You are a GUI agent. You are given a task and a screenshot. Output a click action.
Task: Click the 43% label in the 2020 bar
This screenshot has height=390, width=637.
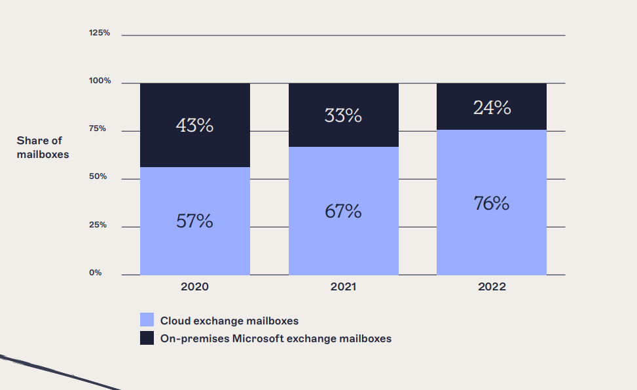pyautogui.click(x=194, y=125)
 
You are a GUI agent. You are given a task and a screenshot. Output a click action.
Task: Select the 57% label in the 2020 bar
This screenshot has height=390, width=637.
pyautogui.click(x=194, y=221)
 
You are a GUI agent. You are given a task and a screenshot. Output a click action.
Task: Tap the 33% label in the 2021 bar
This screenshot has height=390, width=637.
pyautogui.click(x=343, y=115)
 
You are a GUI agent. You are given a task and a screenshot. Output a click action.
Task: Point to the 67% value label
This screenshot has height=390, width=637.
pyautogui.click(x=343, y=211)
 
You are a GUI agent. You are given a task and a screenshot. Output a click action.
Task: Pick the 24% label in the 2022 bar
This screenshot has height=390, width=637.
pyautogui.click(x=492, y=107)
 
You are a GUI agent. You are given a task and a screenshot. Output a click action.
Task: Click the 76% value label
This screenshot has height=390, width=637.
pyautogui.click(x=492, y=203)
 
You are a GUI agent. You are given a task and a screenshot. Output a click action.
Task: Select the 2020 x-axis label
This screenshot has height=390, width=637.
pyautogui.click(x=194, y=287)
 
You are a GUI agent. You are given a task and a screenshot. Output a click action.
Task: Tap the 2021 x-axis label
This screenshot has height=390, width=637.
pyautogui.click(x=343, y=287)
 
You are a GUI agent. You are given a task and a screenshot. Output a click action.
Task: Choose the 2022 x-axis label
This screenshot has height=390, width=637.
pyautogui.click(x=492, y=287)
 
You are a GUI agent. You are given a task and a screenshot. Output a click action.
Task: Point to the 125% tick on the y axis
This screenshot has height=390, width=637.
pyautogui.click(x=100, y=33)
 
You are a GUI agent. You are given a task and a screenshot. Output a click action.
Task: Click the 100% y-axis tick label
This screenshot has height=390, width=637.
pyautogui.click(x=100, y=81)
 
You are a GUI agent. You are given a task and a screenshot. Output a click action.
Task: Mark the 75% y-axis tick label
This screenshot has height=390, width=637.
pyautogui.click(x=98, y=129)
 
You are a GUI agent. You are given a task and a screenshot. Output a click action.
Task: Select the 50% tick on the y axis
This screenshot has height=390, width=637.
pyautogui.click(x=98, y=177)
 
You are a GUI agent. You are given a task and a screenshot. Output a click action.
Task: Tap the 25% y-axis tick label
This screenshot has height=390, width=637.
pyautogui.click(x=98, y=225)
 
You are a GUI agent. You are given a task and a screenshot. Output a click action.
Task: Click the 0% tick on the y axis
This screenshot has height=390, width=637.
pyautogui.click(x=96, y=273)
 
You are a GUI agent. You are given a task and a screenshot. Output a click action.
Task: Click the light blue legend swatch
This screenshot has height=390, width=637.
pyautogui.click(x=147, y=320)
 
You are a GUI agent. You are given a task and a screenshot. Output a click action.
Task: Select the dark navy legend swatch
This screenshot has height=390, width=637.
pyautogui.click(x=147, y=338)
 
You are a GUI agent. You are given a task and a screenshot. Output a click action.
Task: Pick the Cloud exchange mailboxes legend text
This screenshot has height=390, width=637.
pyautogui.click(x=229, y=321)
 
